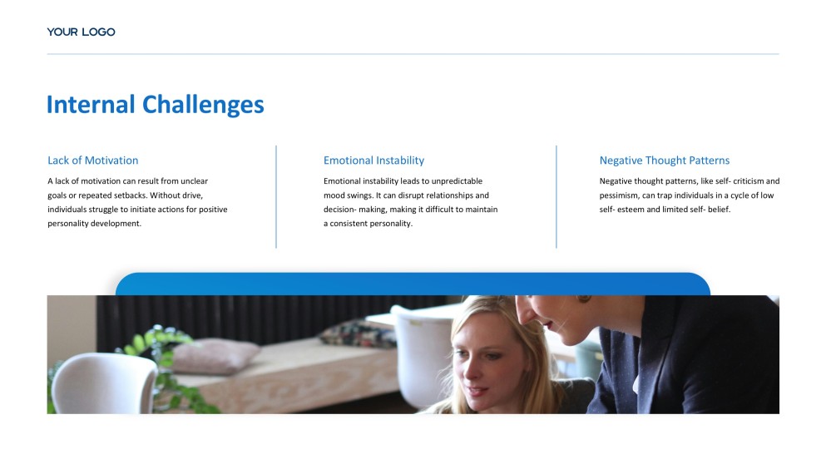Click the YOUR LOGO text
coord(82,32)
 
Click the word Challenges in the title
coord(203,105)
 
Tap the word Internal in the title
coord(92,104)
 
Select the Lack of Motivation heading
coord(92,160)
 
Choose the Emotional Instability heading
coord(373,160)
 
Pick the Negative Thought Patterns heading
coord(665,160)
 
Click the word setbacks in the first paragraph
coord(130,195)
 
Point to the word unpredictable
coord(457,181)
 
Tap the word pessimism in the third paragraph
coord(618,196)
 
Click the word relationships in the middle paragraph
coord(443,195)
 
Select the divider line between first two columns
coord(276,196)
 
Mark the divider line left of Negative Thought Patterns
coord(556,196)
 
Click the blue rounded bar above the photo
coord(413,284)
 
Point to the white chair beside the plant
coord(103,383)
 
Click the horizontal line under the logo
coord(413,54)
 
